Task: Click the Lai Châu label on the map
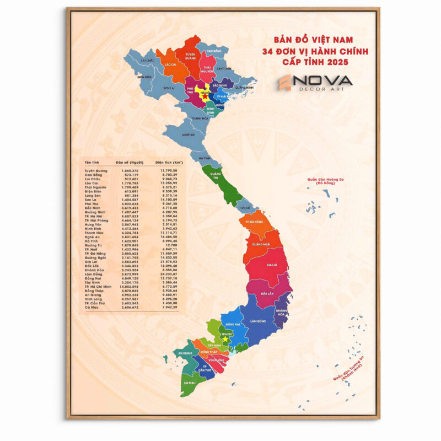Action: [x=147, y=60]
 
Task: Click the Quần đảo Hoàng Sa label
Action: [x=322, y=182]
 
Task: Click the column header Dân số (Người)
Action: [x=130, y=163]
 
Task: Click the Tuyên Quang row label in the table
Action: [x=96, y=171]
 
